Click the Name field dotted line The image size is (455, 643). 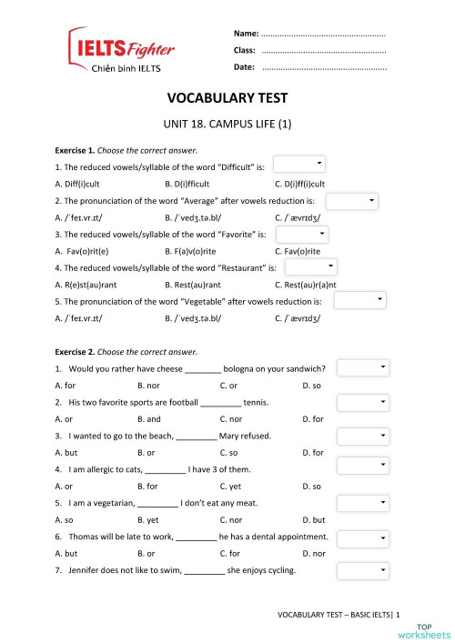(323, 33)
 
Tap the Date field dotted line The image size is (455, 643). (323, 67)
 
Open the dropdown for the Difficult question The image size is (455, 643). (299, 164)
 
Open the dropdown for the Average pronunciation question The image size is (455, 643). (351, 200)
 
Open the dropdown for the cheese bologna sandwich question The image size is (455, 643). (363, 367)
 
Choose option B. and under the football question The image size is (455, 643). (149, 419)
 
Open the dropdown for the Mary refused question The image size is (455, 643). (363, 436)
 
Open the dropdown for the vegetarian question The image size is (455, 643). (363, 503)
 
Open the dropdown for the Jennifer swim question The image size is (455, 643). (363, 570)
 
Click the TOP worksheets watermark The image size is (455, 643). (433, 630)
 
